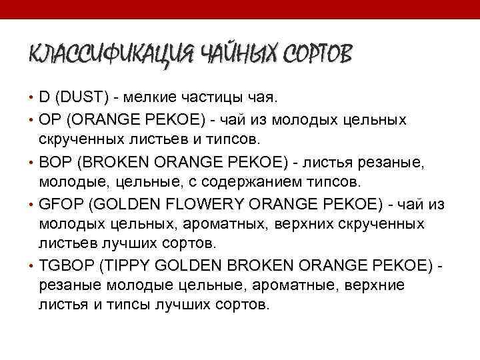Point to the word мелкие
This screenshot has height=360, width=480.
click(x=146, y=98)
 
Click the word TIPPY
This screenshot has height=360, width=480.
click(x=122, y=266)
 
